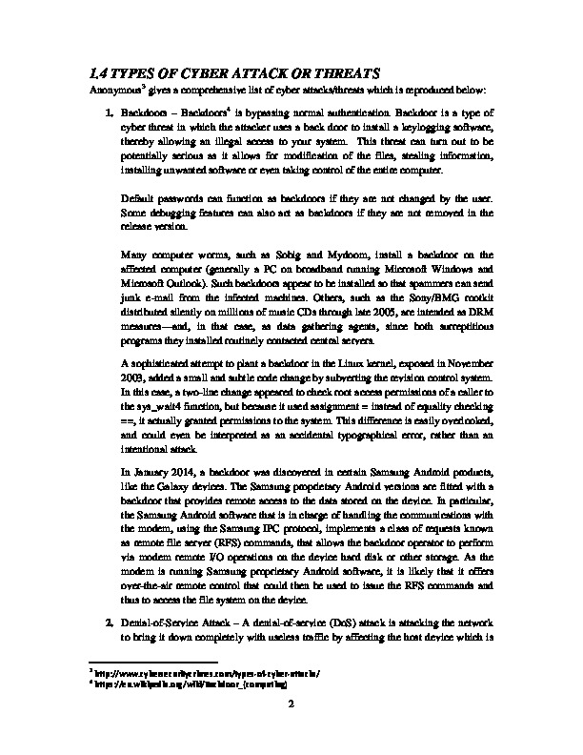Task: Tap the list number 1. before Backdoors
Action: point(111,114)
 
